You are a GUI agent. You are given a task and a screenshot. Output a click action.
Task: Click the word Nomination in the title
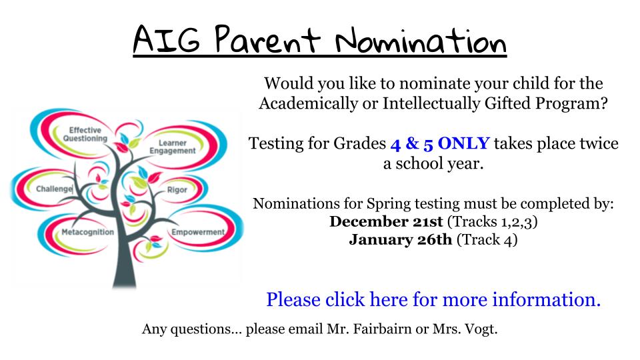coord(421,41)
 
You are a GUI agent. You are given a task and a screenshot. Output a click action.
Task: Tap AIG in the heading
coord(167,39)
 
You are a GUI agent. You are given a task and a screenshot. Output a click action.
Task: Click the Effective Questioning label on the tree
coord(85,134)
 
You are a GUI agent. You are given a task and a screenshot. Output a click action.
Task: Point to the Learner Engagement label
coord(173,147)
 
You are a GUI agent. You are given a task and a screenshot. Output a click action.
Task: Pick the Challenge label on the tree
coord(54,189)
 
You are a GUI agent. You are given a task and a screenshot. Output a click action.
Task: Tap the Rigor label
coord(177,190)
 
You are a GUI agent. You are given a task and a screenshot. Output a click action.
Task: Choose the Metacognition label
coord(88,232)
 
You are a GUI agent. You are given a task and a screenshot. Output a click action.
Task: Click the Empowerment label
coord(198,232)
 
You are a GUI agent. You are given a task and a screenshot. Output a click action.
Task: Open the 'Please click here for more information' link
coord(433,299)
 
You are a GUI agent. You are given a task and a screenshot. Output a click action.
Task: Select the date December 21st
coord(386,221)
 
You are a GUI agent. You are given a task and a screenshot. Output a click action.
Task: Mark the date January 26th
coord(401,239)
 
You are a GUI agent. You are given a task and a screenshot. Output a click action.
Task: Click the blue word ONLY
coord(464,143)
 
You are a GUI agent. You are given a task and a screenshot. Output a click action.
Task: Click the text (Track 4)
coord(487,239)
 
